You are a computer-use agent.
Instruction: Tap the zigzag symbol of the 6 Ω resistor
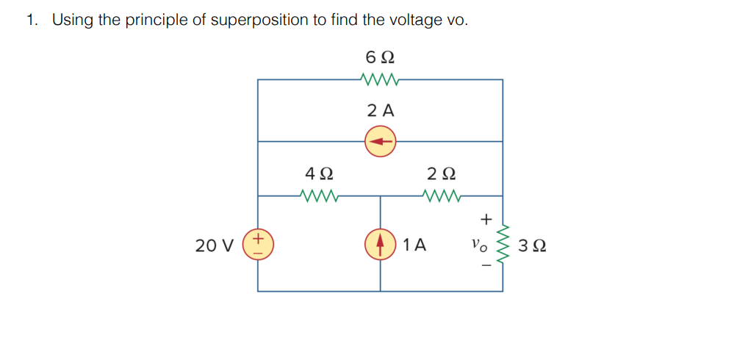[380, 79]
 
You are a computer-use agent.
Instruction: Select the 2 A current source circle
[380, 141]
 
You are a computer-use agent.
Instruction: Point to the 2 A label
[380, 111]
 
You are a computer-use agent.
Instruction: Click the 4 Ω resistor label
[319, 174]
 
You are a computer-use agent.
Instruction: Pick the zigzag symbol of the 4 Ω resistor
[319, 196]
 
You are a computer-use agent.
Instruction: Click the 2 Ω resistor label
[441, 174]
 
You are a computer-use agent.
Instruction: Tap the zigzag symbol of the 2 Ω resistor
[441, 196]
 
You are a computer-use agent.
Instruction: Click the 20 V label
[215, 245]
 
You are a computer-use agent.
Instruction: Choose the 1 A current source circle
[381, 244]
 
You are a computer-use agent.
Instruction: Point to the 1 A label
[415, 245]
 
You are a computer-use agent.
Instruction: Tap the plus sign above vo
[484, 219]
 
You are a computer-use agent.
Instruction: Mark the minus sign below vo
[484, 265]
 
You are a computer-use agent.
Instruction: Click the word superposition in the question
[260, 20]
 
